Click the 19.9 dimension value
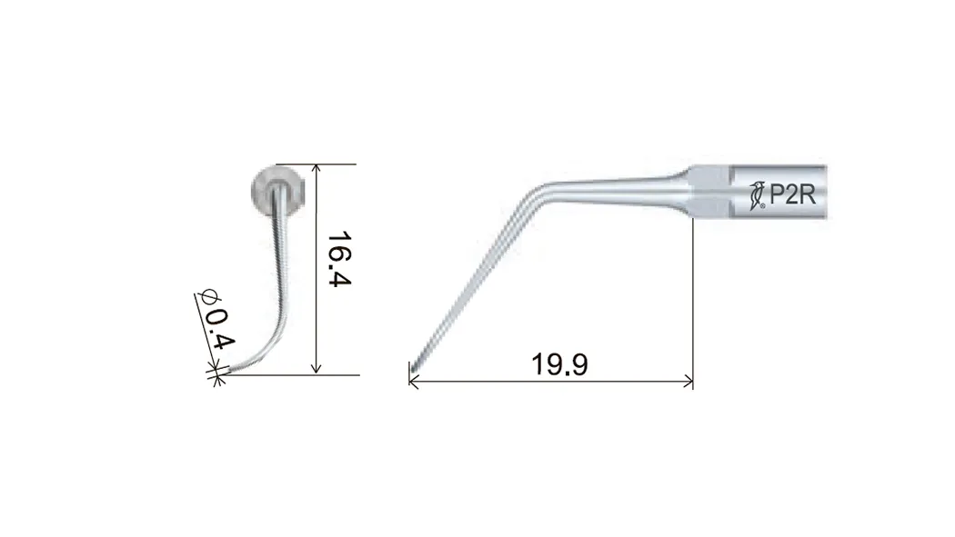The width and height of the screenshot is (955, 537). coord(559,364)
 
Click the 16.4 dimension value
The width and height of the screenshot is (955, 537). coord(340,259)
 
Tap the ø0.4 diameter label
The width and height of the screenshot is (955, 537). coord(216,320)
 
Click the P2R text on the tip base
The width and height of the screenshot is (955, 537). coord(792,194)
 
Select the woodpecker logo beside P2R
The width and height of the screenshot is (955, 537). coord(757,195)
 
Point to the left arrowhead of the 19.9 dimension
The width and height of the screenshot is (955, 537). coord(414,382)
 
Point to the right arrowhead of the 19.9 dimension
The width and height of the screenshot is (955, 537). coord(689,382)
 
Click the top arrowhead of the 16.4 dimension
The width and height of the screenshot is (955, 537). coord(316,169)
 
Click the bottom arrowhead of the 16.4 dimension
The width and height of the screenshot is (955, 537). coord(316,368)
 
